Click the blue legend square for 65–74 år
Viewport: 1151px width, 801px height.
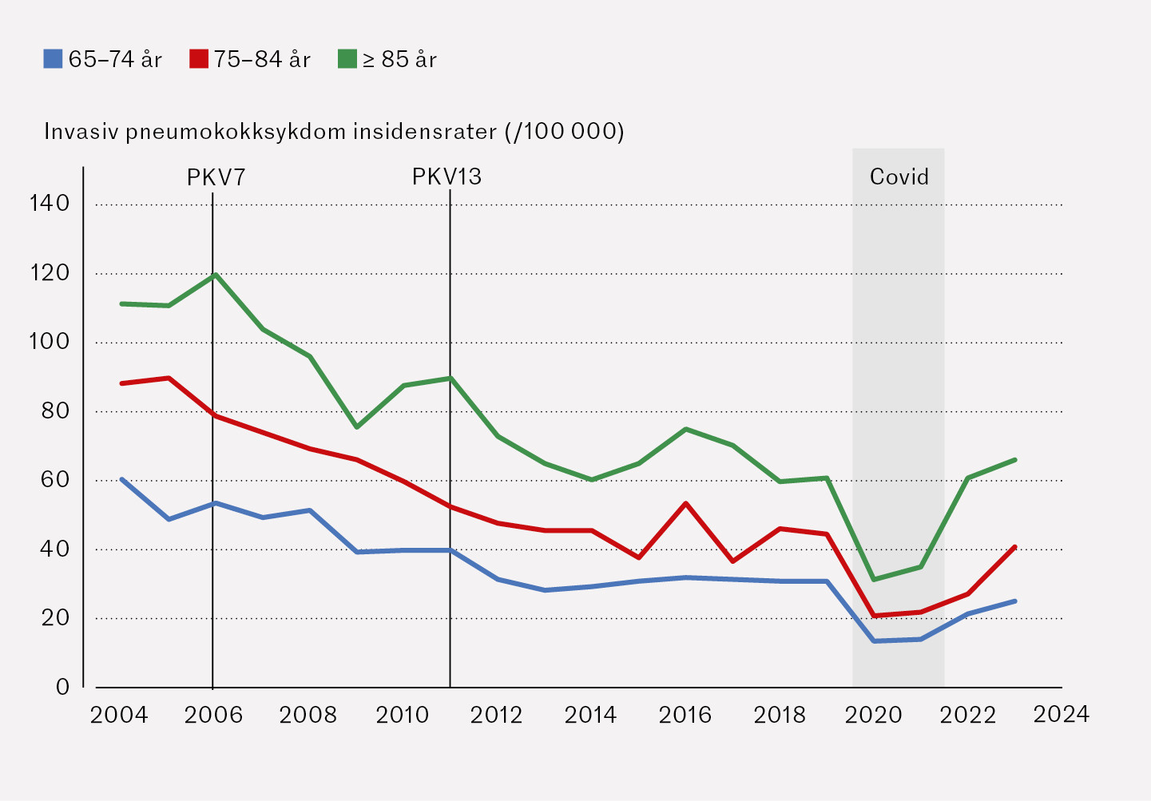pos(53,59)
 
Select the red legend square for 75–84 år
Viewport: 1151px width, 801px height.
pos(199,59)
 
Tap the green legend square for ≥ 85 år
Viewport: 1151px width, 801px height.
pos(347,59)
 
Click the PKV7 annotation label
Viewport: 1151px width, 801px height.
pos(216,177)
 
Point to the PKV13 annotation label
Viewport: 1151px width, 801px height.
pos(447,176)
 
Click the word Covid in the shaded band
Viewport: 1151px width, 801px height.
pos(899,176)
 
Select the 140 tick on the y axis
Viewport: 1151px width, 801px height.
pos(50,204)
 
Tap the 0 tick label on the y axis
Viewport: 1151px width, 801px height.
pos(62,688)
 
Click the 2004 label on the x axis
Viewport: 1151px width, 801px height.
pos(119,715)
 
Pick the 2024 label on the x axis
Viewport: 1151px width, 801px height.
pos(1061,714)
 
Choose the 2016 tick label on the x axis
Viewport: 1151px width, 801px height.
pos(685,715)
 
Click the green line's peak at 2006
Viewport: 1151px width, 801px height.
pos(215,275)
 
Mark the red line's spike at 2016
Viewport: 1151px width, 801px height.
pos(685,503)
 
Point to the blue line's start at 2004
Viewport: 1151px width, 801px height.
pos(121,479)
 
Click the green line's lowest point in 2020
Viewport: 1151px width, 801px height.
pos(875,579)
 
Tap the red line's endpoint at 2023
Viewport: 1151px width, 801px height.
pos(1015,547)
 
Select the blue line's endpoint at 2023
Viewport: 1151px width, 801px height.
pos(1015,601)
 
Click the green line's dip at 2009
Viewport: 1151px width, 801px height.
pos(356,427)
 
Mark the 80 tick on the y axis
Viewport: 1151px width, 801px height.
pos(50,411)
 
